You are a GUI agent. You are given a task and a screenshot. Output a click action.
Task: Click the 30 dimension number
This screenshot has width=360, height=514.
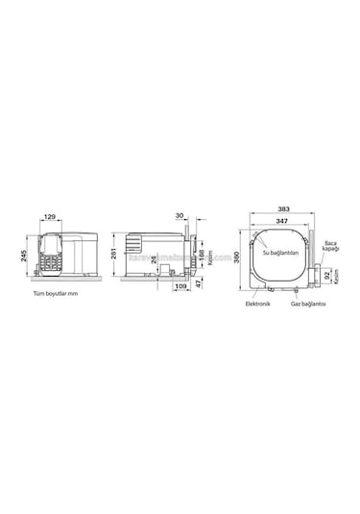180,216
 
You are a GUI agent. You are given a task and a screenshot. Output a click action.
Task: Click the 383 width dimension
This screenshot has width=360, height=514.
283,208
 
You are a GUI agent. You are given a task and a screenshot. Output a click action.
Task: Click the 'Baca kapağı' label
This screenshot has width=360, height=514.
331,247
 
